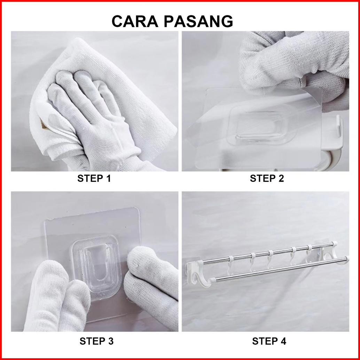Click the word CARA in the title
[135, 21]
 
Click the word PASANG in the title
[198, 21]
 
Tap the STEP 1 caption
[94, 178]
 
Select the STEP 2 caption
[267, 178]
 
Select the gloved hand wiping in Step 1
[92, 115]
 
